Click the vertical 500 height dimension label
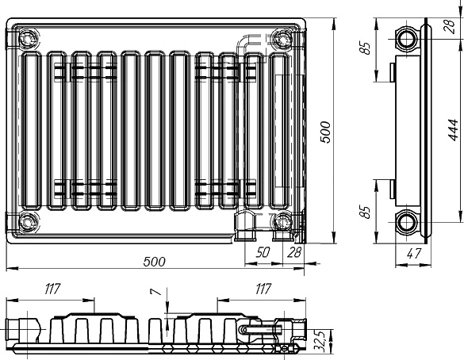(x=325, y=132)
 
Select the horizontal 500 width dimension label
(x=154, y=262)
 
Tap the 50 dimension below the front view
(x=263, y=252)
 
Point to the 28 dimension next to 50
(x=294, y=252)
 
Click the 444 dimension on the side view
(x=453, y=130)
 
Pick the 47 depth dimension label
(x=414, y=254)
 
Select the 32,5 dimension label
(x=320, y=341)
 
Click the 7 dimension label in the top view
(x=156, y=292)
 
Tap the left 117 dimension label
(x=52, y=289)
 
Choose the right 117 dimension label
(x=263, y=289)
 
